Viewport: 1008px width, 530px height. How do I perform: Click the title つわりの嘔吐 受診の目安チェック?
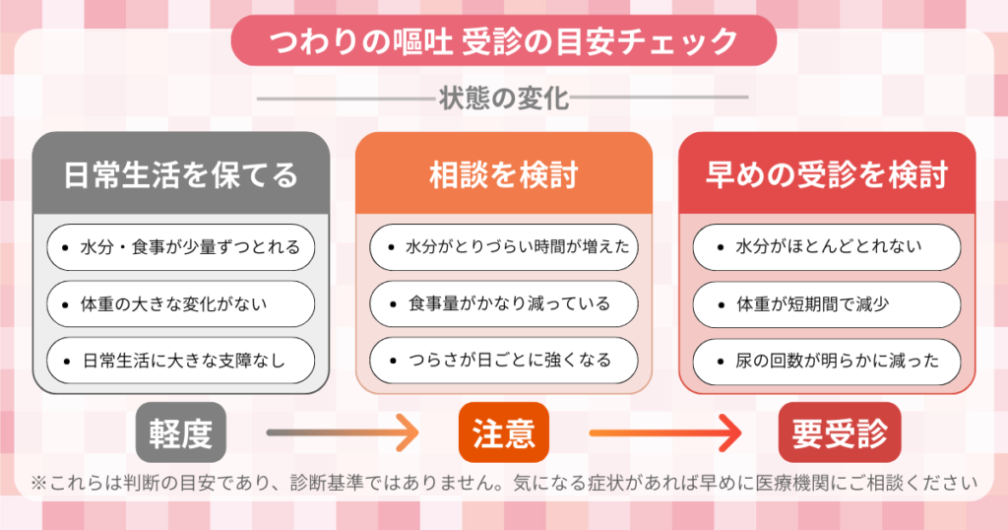[503, 42]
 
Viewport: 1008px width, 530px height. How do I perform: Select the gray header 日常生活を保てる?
[180, 174]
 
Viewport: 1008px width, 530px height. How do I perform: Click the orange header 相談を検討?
[503, 174]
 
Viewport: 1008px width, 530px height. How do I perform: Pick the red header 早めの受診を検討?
[827, 174]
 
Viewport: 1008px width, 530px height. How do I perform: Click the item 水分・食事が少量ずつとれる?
[180, 247]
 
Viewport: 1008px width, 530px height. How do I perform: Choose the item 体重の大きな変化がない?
[180, 304]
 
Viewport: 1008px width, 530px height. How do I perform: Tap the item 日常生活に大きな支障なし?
[180, 361]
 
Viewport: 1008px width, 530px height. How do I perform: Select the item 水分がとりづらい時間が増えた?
[503, 247]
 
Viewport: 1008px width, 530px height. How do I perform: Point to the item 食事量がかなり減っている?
[503, 304]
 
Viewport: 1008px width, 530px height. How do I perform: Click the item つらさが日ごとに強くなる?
[503, 361]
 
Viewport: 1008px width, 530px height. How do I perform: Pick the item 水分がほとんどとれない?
[827, 247]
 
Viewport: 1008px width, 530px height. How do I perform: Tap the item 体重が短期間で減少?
[827, 304]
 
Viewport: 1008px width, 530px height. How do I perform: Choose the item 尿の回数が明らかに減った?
[827, 361]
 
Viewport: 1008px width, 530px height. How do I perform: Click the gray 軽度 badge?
[180, 432]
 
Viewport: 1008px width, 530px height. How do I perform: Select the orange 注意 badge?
[503, 432]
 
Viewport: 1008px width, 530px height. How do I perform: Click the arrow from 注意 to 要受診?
[664, 432]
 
